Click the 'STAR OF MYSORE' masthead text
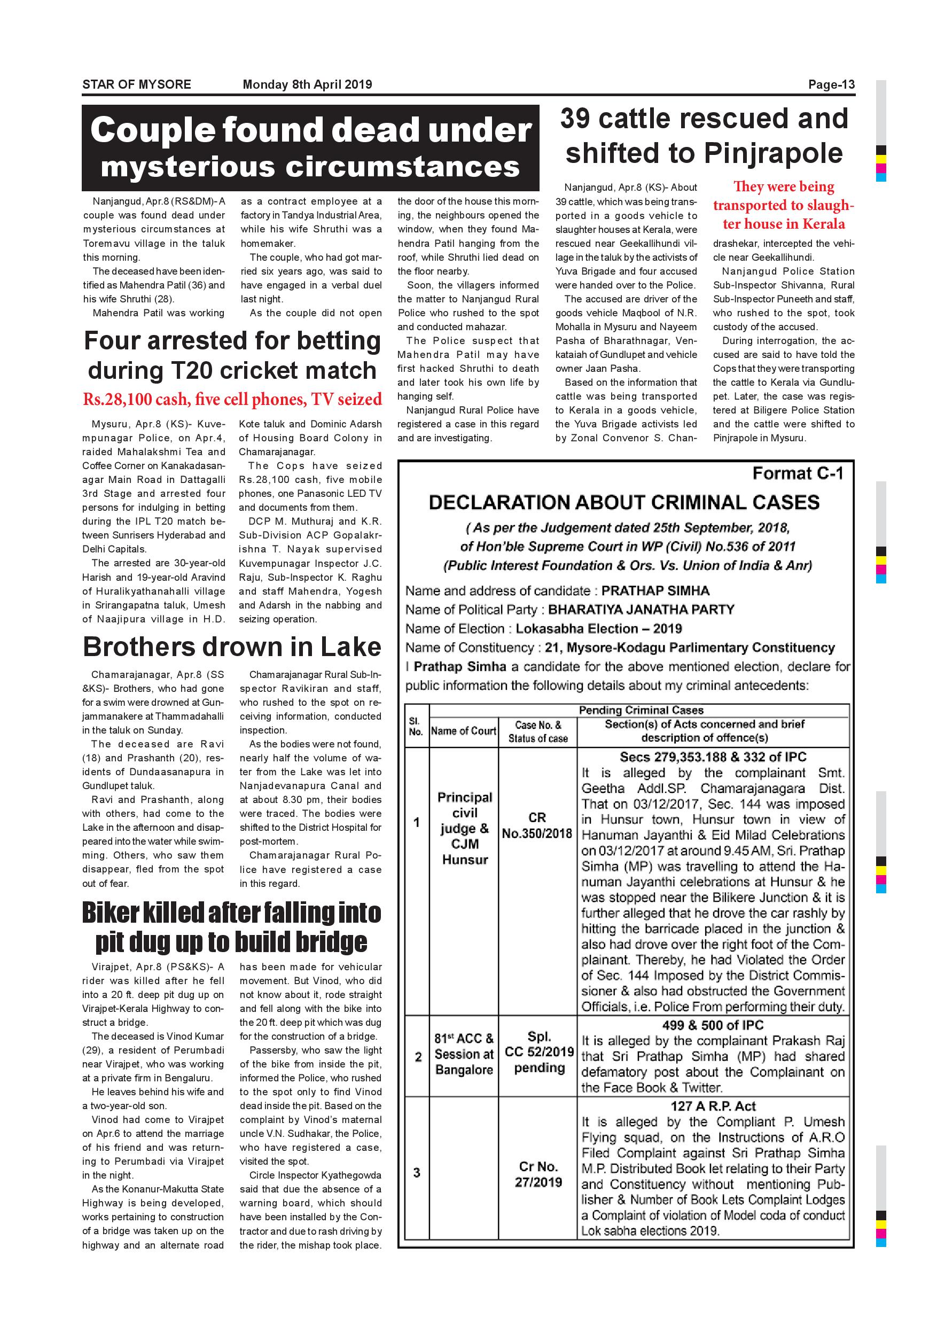pyautogui.click(x=136, y=84)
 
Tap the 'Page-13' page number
pyautogui.click(x=831, y=85)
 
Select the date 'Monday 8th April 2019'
pyautogui.click(x=307, y=84)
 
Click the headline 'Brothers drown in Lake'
pyautogui.click(x=232, y=646)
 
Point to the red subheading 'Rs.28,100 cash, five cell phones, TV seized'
pyautogui.click(x=232, y=399)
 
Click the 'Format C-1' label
pyautogui.click(x=798, y=473)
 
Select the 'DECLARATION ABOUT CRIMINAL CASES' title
pyautogui.click(x=624, y=502)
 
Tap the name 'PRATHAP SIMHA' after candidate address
pyautogui.click(x=655, y=590)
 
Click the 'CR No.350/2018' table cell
pyautogui.click(x=537, y=825)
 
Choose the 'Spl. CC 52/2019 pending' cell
pyautogui.click(x=539, y=1051)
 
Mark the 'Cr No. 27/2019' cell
pyautogui.click(x=538, y=1174)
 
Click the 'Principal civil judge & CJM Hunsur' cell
pyautogui.click(x=464, y=828)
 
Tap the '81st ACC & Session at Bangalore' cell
pyautogui.click(x=464, y=1054)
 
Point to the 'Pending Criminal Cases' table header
pyautogui.click(x=641, y=710)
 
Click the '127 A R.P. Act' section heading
pyautogui.click(x=713, y=1106)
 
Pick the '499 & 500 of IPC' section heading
pyautogui.click(x=713, y=1025)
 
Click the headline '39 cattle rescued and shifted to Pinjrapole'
pyautogui.click(x=704, y=136)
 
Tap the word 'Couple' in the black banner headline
pyautogui.click(x=152, y=130)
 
